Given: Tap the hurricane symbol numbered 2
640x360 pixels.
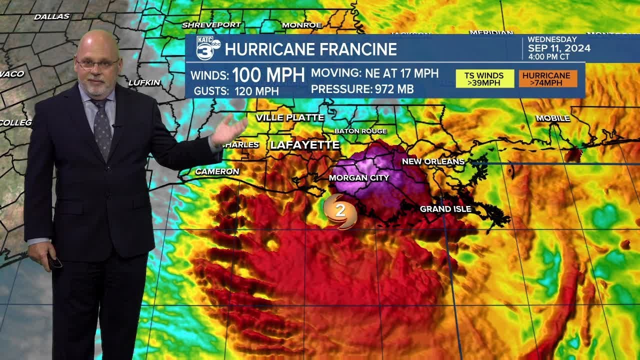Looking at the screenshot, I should point(340,211).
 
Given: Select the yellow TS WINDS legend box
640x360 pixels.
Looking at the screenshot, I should point(484,78).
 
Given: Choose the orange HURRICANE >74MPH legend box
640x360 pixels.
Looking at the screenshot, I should point(548,78).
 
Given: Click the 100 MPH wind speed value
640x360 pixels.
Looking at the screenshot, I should point(268,75).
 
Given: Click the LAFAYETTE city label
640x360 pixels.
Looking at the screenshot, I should point(304,145).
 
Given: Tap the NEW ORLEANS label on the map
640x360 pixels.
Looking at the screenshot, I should point(433,161).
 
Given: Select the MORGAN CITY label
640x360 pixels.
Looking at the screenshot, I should point(358,177).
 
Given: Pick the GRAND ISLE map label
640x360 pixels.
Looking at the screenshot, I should point(445,209).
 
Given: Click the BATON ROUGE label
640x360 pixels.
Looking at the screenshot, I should point(360,131).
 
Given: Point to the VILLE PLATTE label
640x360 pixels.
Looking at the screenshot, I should point(290,118).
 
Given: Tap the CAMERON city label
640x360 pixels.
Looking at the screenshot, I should point(217,171).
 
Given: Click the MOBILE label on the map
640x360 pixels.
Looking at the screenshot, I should point(552,118).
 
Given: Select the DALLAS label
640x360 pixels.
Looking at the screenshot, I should point(51,17).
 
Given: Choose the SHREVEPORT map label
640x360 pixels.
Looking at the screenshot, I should point(211,24).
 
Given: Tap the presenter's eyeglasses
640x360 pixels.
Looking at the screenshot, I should point(97,63).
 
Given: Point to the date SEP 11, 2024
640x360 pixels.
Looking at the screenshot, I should point(559,48).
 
